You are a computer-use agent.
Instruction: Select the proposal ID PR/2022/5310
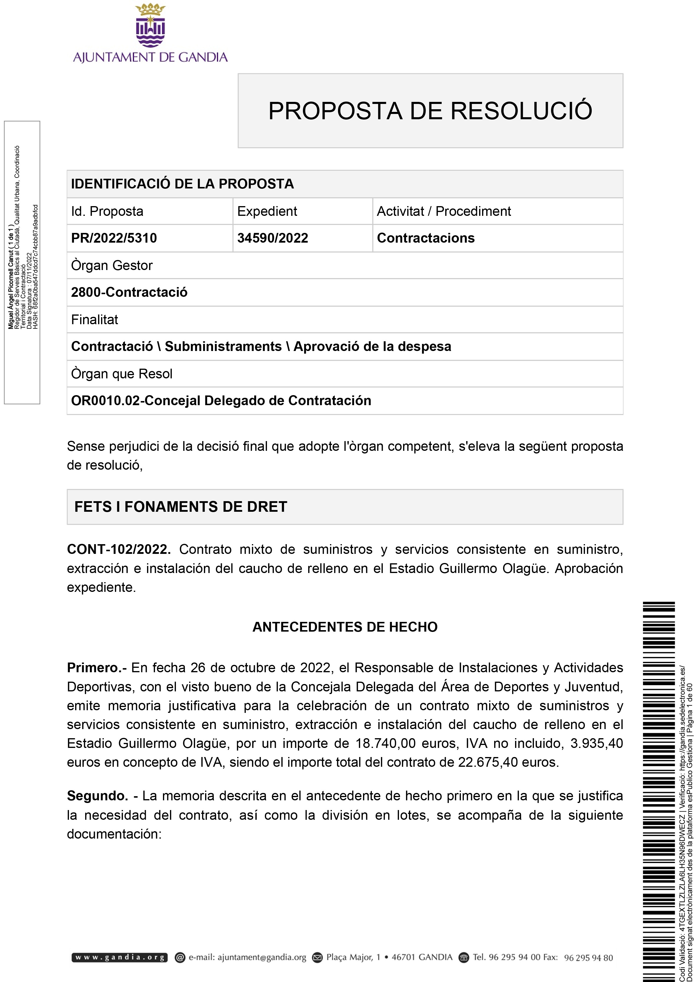coord(114,238)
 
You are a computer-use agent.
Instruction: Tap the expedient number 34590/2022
coord(273,238)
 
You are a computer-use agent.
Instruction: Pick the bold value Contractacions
coord(425,238)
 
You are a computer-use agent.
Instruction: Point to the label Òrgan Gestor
coord(112,266)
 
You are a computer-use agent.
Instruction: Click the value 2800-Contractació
coord(129,292)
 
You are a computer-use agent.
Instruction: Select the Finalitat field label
coord(94,319)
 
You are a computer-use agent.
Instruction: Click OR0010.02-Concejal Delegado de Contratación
coord(221,400)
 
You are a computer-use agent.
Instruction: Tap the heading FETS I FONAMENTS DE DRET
coord(180,507)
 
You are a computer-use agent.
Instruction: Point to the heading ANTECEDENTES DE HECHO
coord(345,627)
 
